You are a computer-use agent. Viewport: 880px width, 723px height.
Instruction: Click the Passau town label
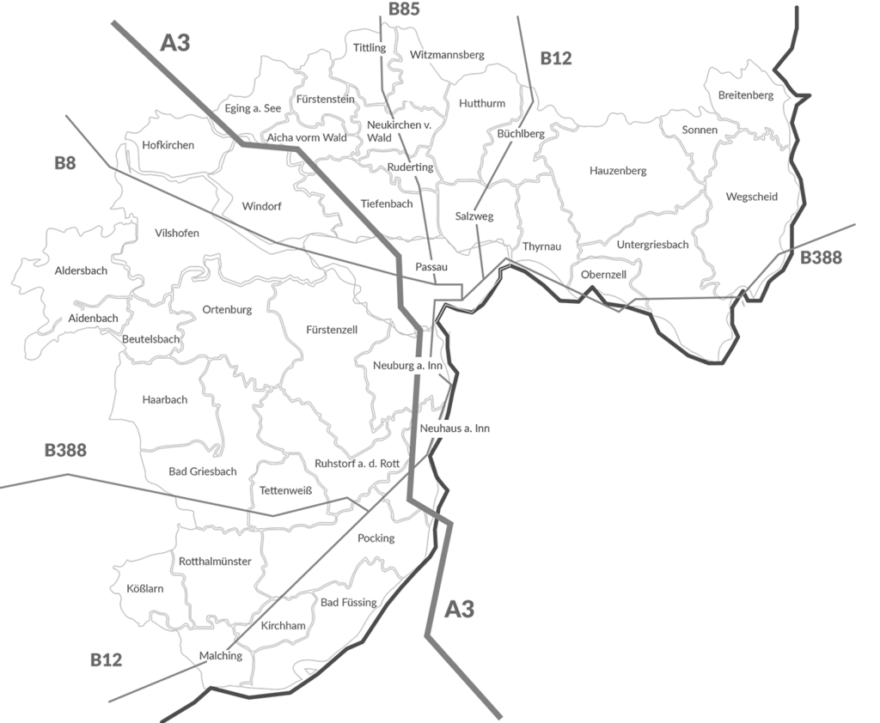(431, 267)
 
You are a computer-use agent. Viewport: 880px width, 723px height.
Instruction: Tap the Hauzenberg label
(618, 171)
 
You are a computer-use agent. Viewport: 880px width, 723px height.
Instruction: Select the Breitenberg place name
(746, 95)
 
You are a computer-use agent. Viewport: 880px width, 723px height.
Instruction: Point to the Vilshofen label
(177, 234)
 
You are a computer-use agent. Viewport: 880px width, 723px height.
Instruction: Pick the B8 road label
(65, 163)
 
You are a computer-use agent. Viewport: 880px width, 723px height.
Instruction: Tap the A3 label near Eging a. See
(175, 43)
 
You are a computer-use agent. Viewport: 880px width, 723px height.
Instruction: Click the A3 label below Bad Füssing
(460, 610)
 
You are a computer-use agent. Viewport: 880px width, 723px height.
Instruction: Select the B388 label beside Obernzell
(821, 258)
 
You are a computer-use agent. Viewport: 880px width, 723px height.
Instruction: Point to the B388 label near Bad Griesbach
(66, 451)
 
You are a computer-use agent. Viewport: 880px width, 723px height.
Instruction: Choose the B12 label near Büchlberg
(556, 59)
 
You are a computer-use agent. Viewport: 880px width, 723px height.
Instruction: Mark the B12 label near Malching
(106, 660)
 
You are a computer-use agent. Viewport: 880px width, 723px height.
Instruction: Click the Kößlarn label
(144, 589)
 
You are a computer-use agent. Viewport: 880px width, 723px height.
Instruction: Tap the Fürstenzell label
(332, 330)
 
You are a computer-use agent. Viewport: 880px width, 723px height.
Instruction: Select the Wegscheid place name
(751, 197)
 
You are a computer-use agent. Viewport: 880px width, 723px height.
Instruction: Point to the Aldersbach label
(81, 270)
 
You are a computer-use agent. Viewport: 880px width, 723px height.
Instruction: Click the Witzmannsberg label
(447, 55)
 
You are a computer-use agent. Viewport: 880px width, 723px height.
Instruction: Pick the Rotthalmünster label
(215, 562)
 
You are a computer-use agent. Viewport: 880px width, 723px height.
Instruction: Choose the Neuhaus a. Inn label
(455, 428)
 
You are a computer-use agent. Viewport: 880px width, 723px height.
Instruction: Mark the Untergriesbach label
(652, 245)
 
